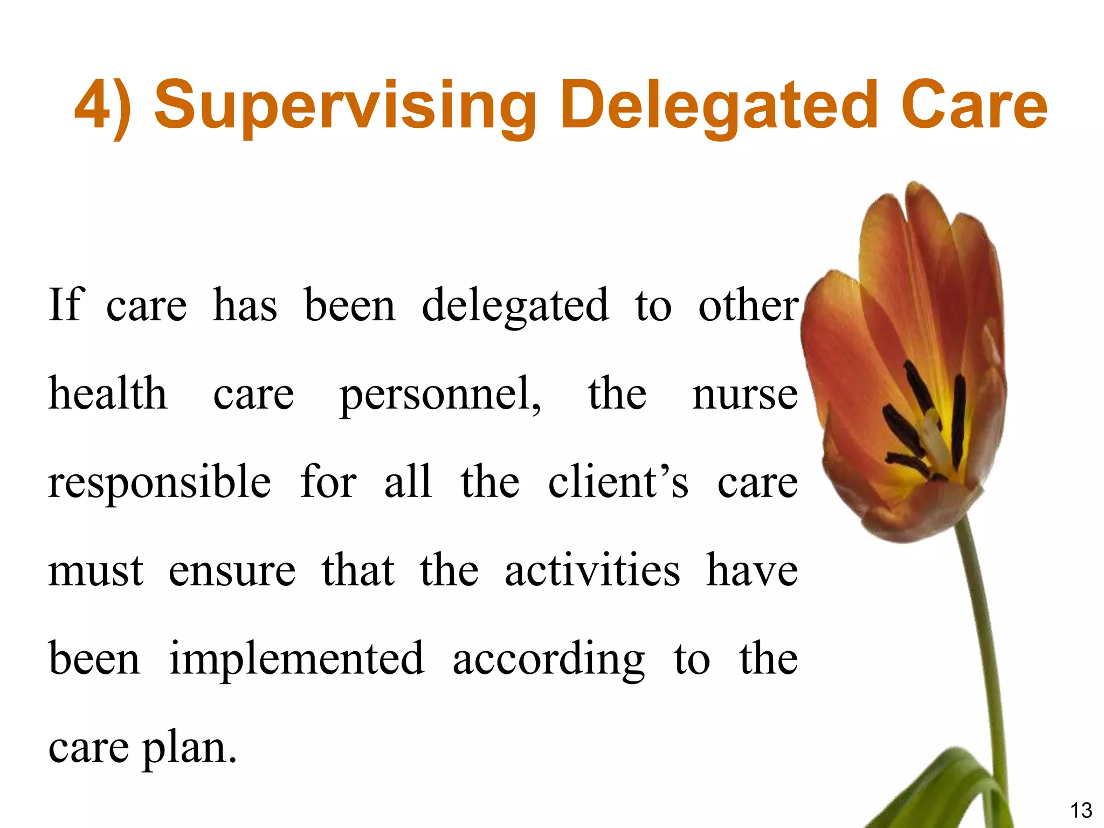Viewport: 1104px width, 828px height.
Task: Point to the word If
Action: (66, 305)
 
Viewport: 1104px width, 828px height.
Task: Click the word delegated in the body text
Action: (515, 306)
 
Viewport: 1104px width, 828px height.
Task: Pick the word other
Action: (748, 305)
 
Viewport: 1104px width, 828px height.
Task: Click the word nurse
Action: (744, 395)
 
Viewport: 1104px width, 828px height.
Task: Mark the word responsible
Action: (160, 482)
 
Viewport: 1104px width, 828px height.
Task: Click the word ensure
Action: (232, 571)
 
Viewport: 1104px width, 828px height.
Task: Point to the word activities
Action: (592, 570)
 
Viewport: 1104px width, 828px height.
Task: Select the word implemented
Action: (296, 659)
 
